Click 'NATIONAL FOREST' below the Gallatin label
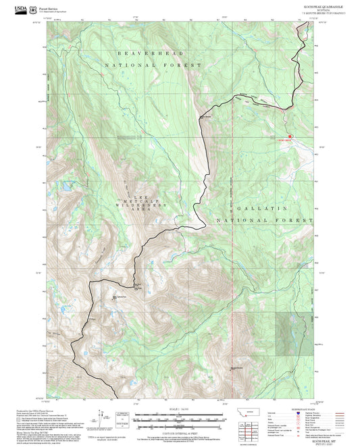pos(265,221)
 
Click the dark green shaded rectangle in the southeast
pos(287,334)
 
